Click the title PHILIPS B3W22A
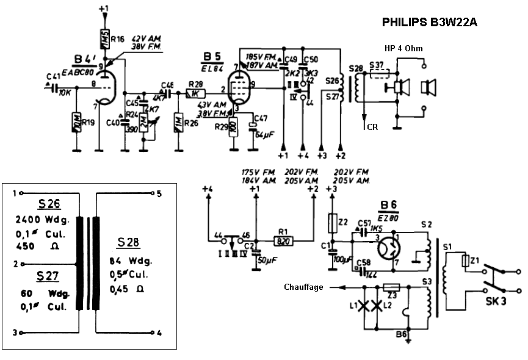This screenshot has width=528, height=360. [x=429, y=23]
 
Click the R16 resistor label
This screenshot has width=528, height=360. [x=117, y=38]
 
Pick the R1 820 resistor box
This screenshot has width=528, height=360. [x=282, y=240]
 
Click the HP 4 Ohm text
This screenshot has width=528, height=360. [x=403, y=48]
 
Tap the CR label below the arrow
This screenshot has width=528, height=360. [x=373, y=126]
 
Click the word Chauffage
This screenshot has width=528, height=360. [x=303, y=287]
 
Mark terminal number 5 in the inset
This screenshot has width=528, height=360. [x=158, y=194]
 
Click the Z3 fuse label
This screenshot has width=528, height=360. [x=392, y=296]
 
